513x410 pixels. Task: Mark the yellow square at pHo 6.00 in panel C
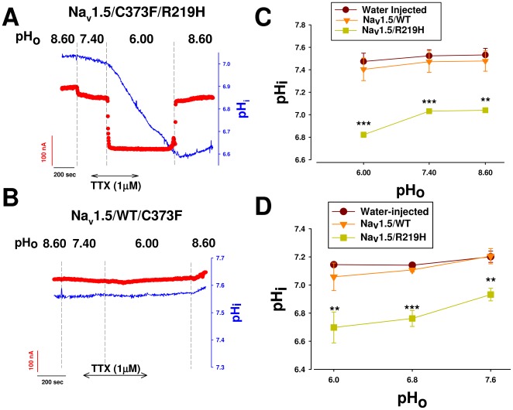click(363, 135)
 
